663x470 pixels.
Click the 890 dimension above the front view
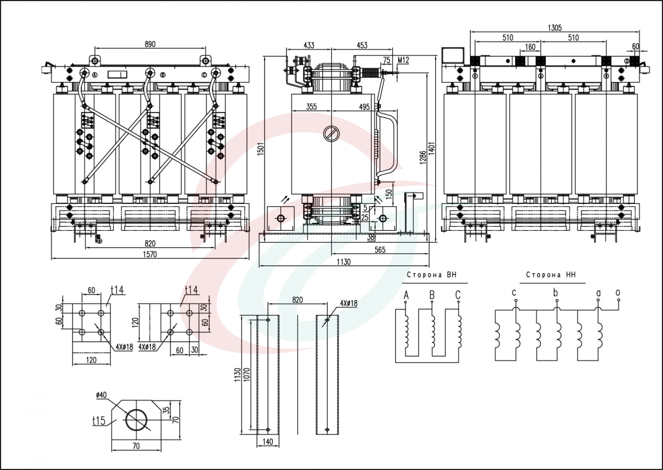[x=150, y=44]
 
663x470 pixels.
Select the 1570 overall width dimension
[x=150, y=254]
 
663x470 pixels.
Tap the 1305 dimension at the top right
[x=555, y=28]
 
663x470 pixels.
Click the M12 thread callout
[x=403, y=60]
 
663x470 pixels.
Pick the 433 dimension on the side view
[x=309, y=46]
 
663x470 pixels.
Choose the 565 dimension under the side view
[x=380, y=250]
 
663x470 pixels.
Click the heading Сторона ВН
[x=432, y=275]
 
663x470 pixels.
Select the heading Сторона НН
[x=551, y=275]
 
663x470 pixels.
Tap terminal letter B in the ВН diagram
[x=432, y=295]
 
